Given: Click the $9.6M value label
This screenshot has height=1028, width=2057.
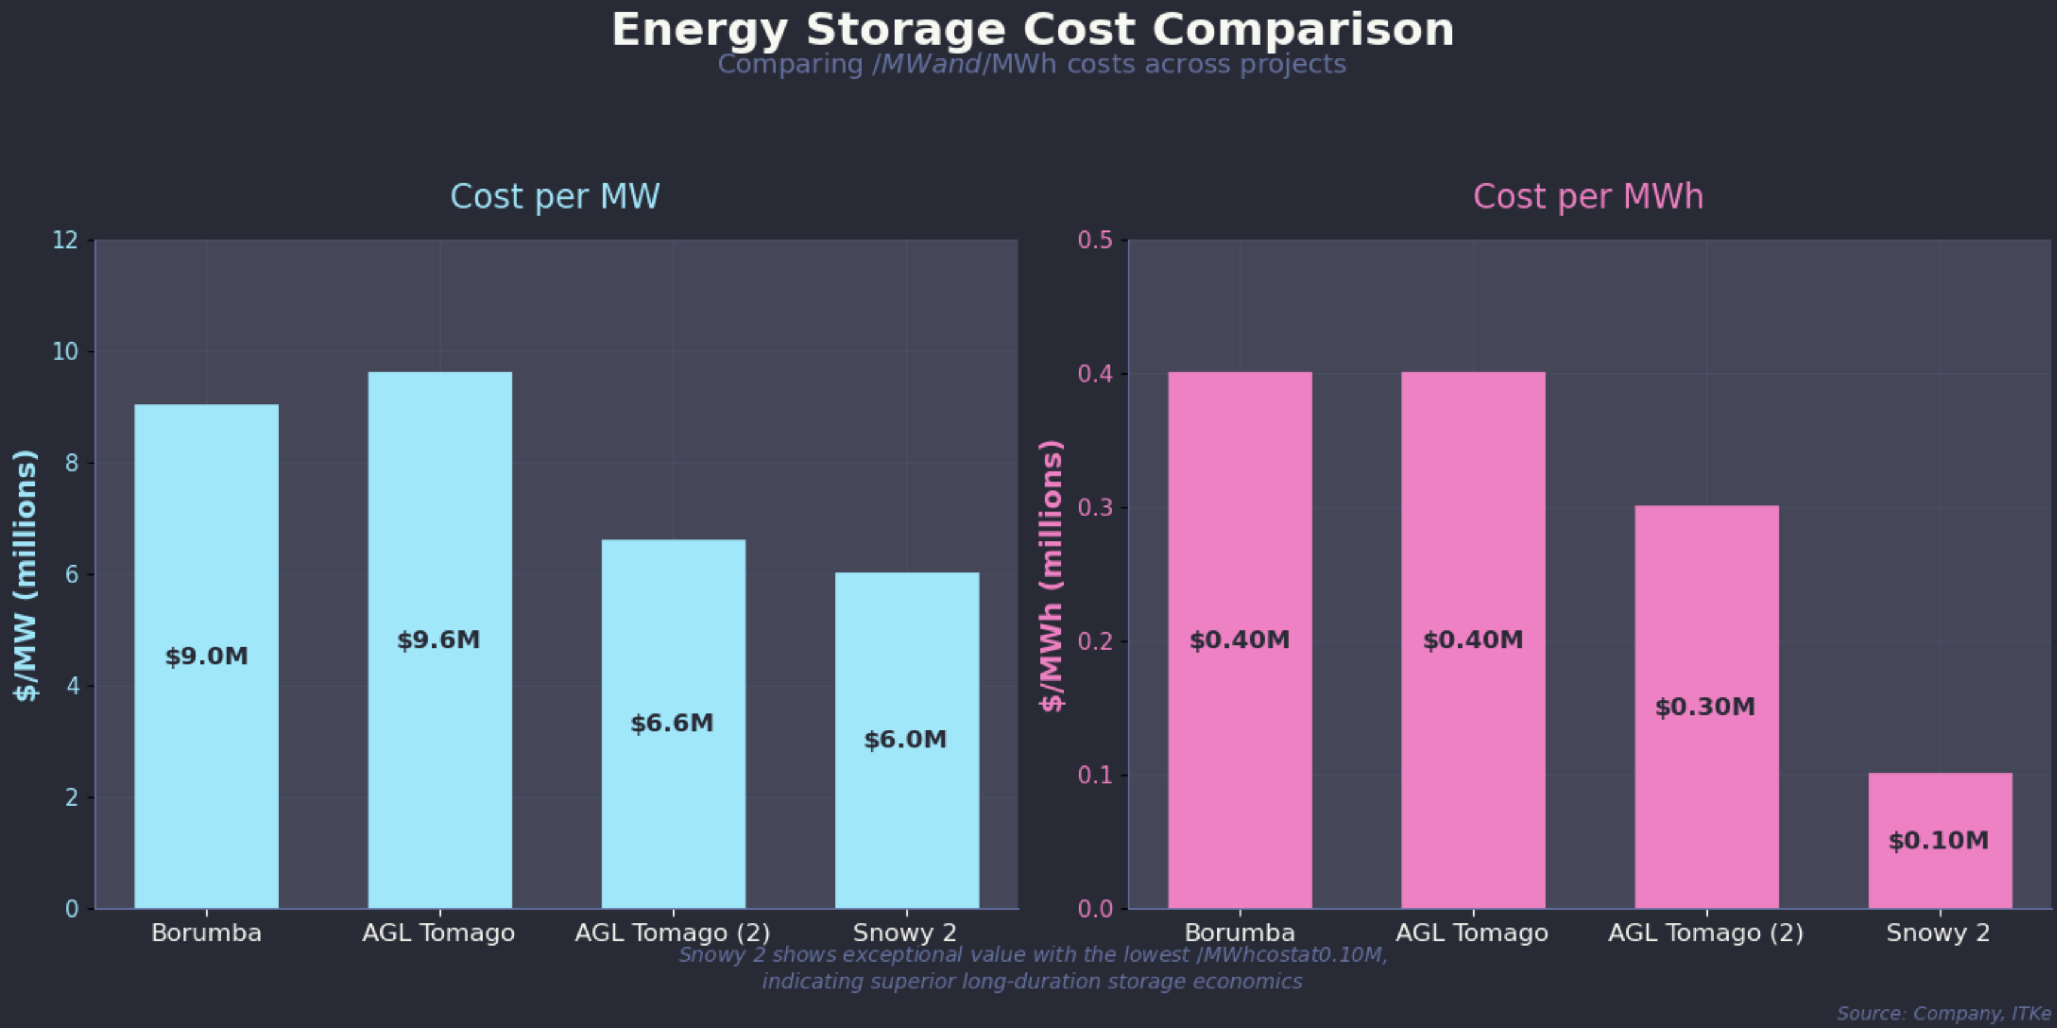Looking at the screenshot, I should [439, 640].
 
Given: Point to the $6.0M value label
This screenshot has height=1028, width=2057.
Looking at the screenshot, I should [906, 740].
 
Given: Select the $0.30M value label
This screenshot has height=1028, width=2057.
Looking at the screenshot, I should [1705, 707].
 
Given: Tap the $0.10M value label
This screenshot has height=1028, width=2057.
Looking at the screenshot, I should [1938, 840].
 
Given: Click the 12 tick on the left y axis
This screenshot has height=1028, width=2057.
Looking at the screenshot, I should [66, 240].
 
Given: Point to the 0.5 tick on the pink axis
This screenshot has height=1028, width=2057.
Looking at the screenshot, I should [1095, 240].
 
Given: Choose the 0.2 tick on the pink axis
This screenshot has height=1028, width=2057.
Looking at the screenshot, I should [1095, 642].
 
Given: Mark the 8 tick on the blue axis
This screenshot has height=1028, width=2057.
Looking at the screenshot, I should [72, 463].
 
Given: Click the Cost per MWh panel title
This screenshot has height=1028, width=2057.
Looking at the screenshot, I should [1587, 197].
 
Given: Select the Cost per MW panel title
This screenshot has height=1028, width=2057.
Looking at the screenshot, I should [555, 197].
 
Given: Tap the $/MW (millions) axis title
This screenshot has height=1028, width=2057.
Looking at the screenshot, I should [25, 575].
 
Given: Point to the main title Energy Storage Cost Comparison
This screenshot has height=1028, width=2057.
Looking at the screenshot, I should [1032, 30].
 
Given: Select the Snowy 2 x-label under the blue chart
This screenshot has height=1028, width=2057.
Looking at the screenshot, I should [905, 933].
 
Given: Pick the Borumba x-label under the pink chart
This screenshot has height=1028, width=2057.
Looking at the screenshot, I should [1239, 933].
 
